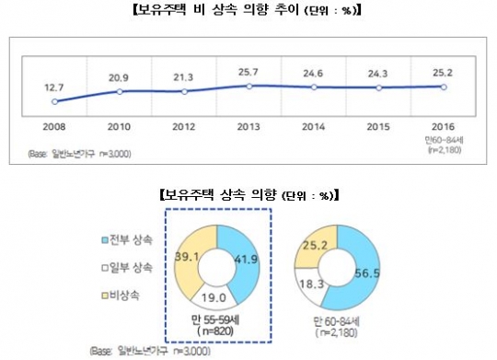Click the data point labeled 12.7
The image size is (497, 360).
click(x=54, y=101)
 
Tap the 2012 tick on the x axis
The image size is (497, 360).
click(x=184, y=120)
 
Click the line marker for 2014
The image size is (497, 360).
click(x=314, y=87)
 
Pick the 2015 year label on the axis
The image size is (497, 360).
click(x=378, y=120)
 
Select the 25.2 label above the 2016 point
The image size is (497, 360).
click(x=443, y=69)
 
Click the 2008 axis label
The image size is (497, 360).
click(x=54, y=120)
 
